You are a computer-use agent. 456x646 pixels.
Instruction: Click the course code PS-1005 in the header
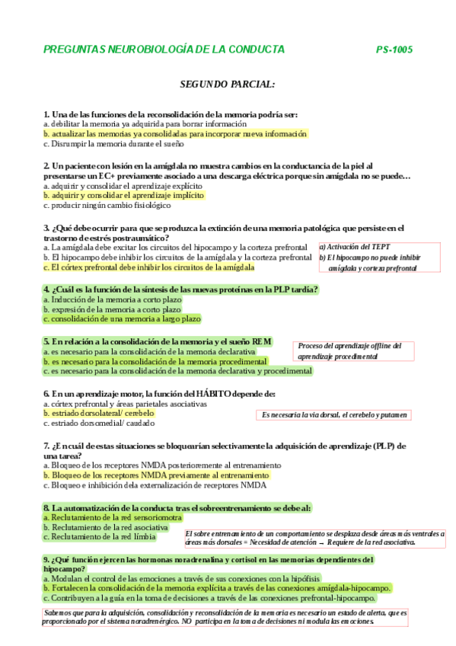pos(394,50)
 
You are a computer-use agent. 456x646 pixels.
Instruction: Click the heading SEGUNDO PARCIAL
pos(228,84)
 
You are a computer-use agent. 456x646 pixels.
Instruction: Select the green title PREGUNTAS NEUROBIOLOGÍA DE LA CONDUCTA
pos(164,50)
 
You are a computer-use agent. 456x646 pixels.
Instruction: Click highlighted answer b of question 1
pos(176,133)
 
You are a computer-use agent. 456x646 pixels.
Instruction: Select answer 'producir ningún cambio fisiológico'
pos(107,205)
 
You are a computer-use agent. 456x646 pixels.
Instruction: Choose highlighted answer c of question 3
pos(148,267)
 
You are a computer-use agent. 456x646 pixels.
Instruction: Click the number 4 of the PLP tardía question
pos(46,289)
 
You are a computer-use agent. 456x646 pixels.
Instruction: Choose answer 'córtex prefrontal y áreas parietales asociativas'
pos(126,403)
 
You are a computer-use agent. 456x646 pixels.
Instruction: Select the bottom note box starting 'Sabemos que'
pos(225,616)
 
